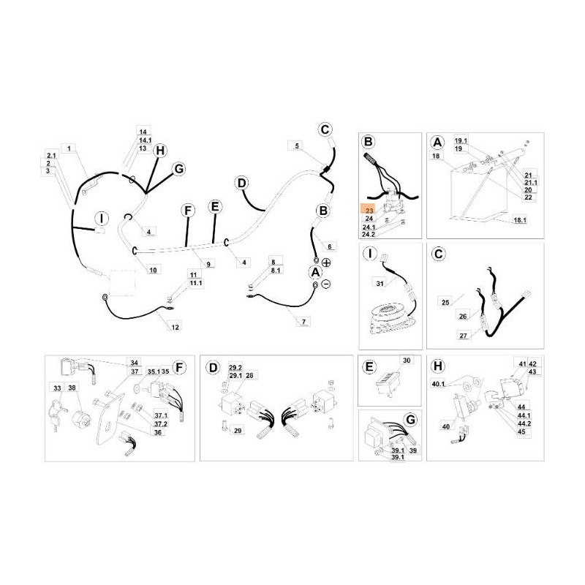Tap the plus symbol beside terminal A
(326, 263)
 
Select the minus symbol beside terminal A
(326, 284)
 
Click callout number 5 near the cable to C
(296, 146)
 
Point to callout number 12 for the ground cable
(175, 327)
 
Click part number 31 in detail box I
(380, 283)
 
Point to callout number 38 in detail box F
(72, 388)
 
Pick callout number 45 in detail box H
(521, 431)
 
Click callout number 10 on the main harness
(153, 270)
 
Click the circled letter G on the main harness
(177, 168)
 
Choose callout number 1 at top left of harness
(69, 148)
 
